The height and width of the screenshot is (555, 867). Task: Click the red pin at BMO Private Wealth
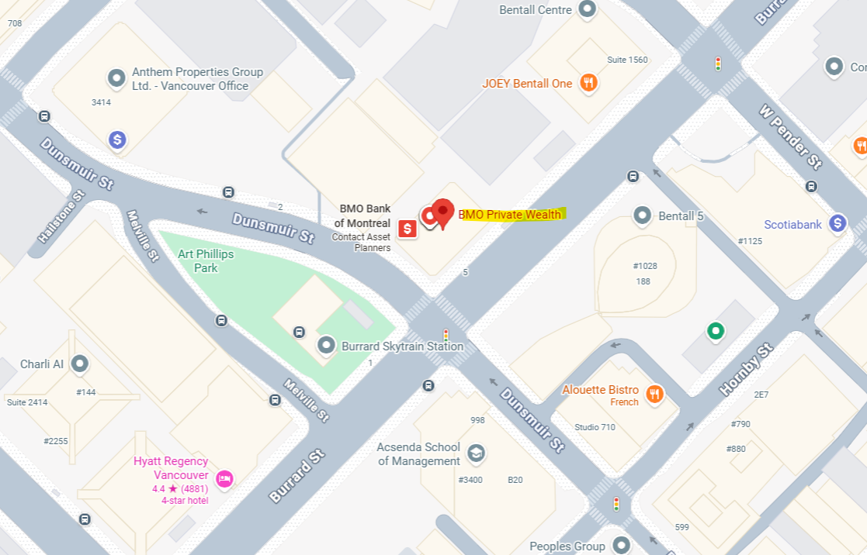coord(442,212)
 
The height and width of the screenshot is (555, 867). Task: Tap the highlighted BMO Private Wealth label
coord(513,215)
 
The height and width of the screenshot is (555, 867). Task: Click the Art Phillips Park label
coord(206,260)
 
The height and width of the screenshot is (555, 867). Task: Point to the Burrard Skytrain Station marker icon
coord(327,346)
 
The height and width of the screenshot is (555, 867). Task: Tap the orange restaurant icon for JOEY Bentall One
coord(588,83)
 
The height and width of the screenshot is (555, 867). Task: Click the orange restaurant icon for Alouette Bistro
coord(655,394)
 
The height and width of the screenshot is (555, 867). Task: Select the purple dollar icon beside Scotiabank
coord(837,223)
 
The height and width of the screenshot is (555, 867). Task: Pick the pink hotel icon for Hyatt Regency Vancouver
coord(224,478)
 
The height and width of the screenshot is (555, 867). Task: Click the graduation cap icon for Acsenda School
coord(476,453)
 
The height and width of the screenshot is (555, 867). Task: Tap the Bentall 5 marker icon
coord(642,215)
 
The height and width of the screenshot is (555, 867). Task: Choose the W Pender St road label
coord(789,136)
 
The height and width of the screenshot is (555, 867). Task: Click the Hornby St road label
coord(747,370)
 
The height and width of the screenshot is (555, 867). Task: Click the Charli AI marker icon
coord(78,364)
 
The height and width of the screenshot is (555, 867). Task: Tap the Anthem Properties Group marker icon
coord(116,78)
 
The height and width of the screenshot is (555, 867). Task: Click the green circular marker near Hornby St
coord(715,332)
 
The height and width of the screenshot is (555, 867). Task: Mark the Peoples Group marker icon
coord(620,545)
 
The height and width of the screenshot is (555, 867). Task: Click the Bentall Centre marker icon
coord(588,9)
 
